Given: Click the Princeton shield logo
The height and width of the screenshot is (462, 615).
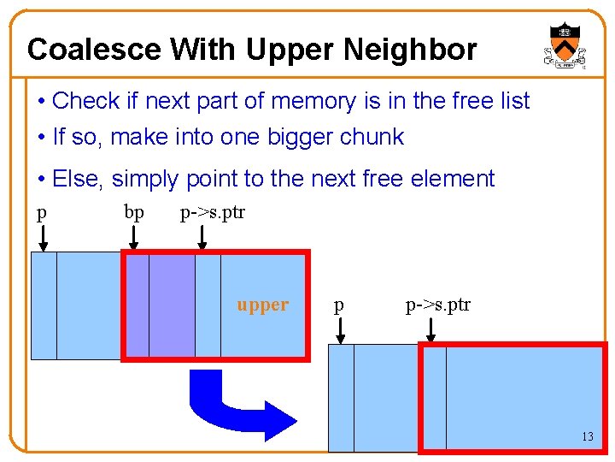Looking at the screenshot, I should tap(564, 45).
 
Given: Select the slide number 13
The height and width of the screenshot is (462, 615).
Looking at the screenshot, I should tap(588, 436).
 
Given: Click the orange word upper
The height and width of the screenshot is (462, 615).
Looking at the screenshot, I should tap(262, 305).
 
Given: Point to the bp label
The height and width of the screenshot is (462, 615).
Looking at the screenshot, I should tap(134, 212).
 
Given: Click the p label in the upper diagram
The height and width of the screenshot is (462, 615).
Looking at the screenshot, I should tap(41, 212).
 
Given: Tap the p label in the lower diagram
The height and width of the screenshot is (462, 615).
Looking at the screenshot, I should tap(339, 305).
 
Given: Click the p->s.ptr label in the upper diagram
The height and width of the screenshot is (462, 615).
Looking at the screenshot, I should tap(212, 212).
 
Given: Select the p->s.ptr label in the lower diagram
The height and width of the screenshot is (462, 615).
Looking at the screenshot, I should tap(437, 305).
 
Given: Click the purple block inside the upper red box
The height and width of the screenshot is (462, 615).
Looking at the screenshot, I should tap(172, 305).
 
